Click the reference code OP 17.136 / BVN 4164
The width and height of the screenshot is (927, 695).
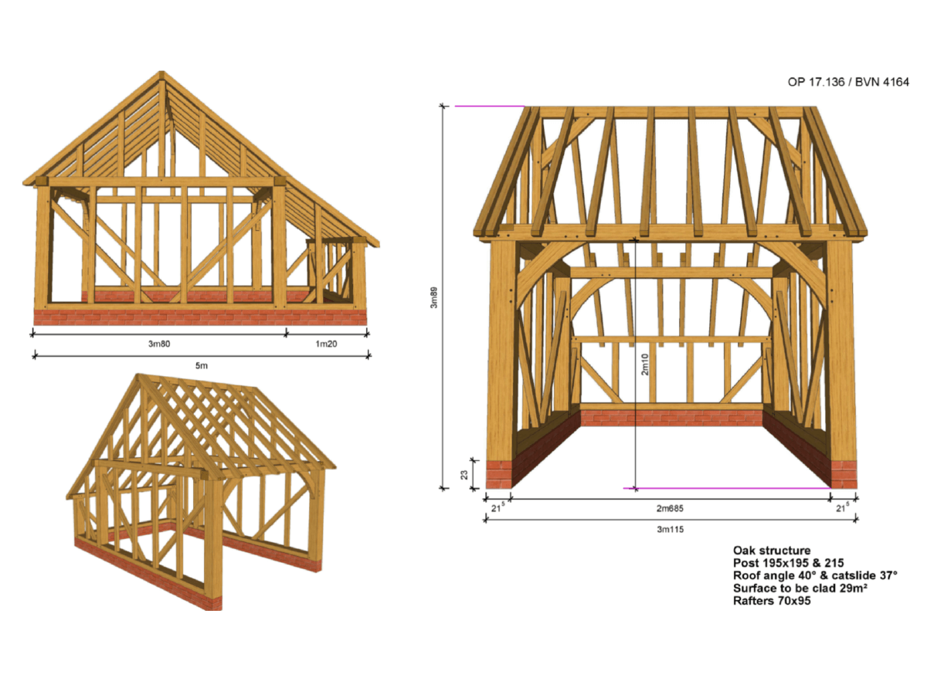(848, 82)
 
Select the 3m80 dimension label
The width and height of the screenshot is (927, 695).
(159, 344)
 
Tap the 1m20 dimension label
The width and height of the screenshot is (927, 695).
(326, 344)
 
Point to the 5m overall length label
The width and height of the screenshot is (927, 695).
(202, 365)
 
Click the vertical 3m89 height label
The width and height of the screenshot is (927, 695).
(433, 297)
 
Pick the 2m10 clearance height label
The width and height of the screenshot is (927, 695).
(644, 364)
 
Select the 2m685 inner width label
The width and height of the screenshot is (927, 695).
(670, 508)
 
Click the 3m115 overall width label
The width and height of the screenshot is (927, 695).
(670, 529)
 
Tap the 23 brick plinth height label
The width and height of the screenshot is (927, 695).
(464, 475)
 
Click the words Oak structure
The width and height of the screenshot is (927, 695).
(772, 551)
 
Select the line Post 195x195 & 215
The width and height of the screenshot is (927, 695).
(789, 563)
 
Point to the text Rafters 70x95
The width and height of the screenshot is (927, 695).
(772, 601)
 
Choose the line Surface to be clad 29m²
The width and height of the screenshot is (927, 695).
(800, 588)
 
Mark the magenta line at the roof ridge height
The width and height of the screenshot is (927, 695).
(490, 107)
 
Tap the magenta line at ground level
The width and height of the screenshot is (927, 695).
(727, 488)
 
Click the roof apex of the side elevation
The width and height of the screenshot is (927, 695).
(161, 73)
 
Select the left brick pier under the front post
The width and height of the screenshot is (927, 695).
(499, 474)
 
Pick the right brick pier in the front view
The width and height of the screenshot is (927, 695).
(844, 474)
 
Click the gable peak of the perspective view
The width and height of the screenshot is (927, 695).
(138, 375)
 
